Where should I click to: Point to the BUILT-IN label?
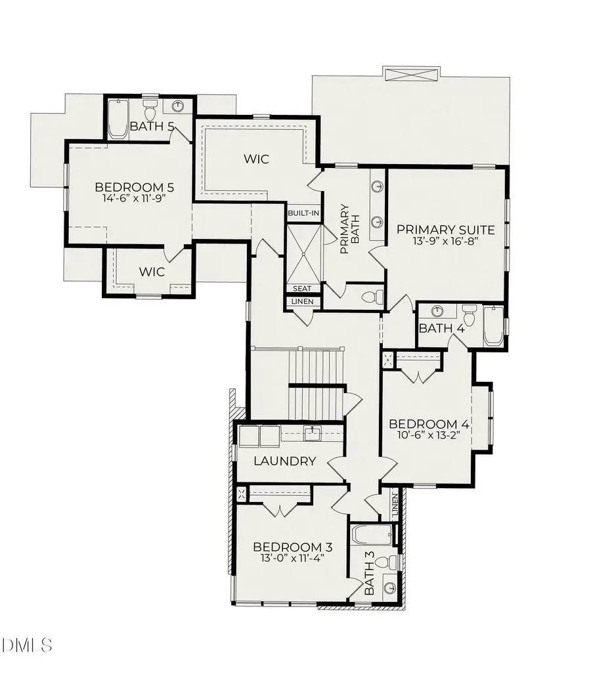[303, 213]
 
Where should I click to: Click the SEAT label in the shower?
[303, 288]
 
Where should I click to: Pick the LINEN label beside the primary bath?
[303, 302]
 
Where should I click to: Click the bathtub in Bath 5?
[118, 119]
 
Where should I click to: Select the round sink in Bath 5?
[178, 106]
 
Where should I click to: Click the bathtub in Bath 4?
[492, 326]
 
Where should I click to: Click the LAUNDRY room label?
[285, 461]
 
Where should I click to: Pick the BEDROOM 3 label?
[293, 547]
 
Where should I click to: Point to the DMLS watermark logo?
[28, 646]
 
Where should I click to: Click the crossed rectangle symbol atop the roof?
[410, 74]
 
